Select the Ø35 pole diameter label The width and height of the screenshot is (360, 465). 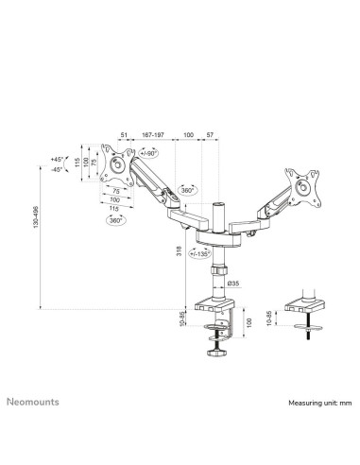[233, 282]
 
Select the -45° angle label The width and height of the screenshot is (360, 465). [57, 169]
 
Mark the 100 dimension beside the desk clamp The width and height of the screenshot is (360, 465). [249, 323]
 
